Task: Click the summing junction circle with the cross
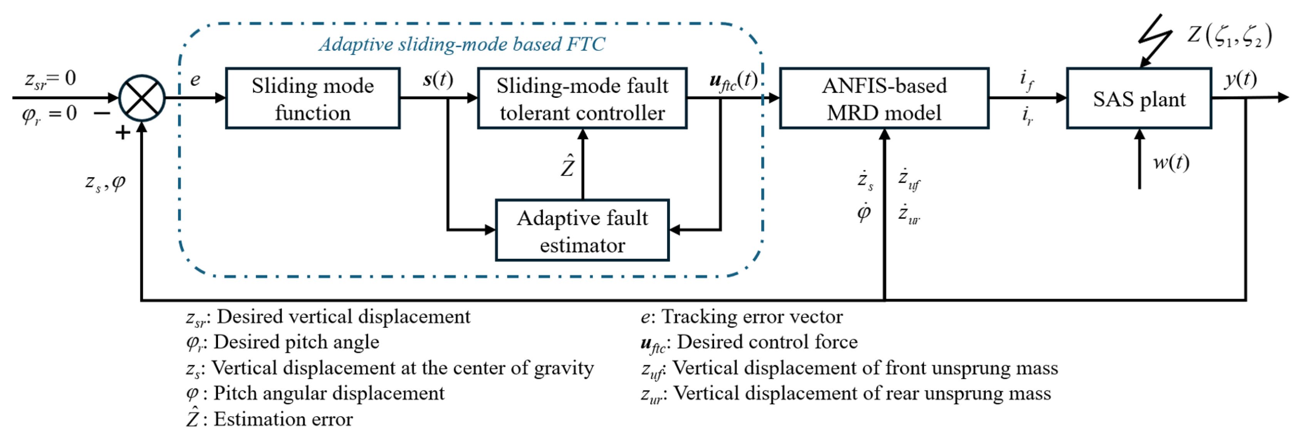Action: [x=142, y=98]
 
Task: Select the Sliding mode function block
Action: [x=313, y=99]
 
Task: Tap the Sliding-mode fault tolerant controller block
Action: [x=582, y=99]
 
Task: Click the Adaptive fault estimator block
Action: [x=582, y=231]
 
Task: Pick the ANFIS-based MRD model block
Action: [x=884, y=99]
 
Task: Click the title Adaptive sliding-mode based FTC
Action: [x=462, y=44]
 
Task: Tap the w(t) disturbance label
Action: [x=1171, y=162]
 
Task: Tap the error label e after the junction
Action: [x=195, y=80]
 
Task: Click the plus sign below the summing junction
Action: [x=122, y=133]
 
